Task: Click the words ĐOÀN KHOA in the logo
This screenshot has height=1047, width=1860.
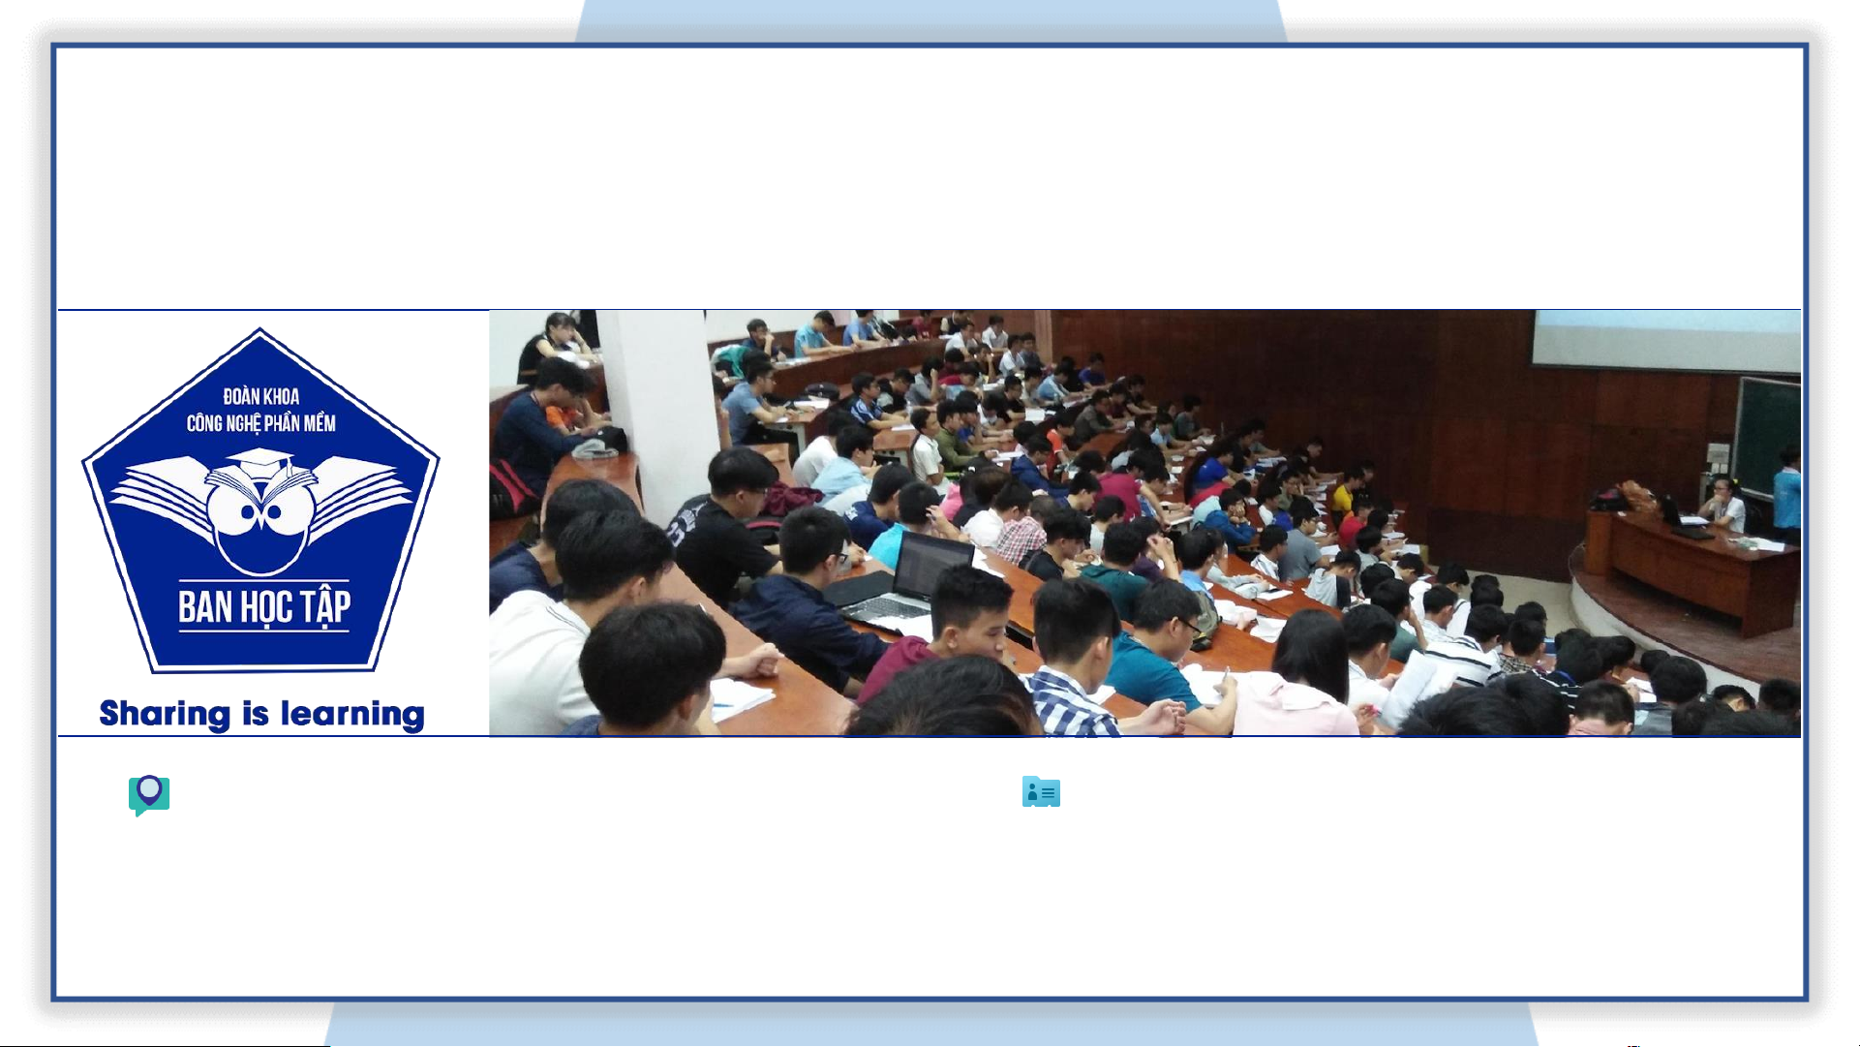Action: point(261,396)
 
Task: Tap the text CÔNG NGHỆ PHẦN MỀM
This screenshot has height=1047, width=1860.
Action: point(261,423)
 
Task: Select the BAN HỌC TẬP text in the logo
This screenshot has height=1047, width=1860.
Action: point(264,607)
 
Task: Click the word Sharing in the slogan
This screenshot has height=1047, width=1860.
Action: point(165,715)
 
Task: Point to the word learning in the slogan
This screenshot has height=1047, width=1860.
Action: point(352,715)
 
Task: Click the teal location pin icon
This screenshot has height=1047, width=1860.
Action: point(149,795)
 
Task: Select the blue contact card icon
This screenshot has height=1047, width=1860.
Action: point(1041,791)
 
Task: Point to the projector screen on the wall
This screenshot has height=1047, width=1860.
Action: point(1665,341)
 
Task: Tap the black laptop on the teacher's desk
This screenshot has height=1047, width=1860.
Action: point(1683,519)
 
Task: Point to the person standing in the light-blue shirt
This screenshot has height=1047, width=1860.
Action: point(1787,494)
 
